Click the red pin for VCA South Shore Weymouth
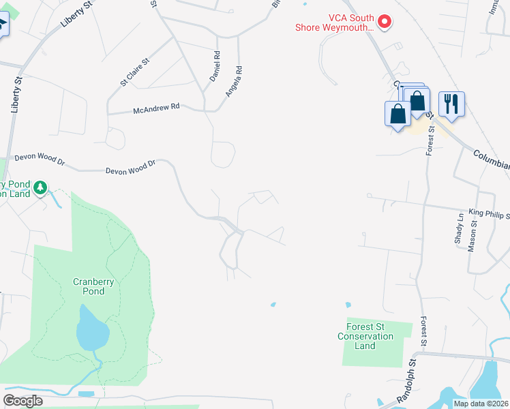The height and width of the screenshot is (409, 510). click(x=385, y=22)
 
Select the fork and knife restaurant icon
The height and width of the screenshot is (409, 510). click(x=451, y=104)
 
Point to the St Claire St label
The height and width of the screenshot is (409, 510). click(x=135, y=71)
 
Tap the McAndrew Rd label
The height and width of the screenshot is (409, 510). click(x=156, y=108)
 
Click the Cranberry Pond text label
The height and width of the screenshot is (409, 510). click(x=89, y=286)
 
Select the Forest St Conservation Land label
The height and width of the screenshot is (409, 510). click(x=365, y=336)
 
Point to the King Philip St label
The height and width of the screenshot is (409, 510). click(x=488, y=215)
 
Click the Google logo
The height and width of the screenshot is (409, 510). click(x=22, y=400)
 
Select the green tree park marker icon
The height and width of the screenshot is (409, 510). click(x=40, y=187)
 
